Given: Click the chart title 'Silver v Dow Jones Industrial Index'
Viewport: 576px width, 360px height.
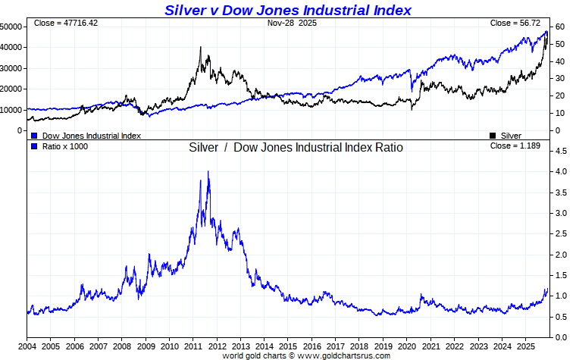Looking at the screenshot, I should (x=287, y=10).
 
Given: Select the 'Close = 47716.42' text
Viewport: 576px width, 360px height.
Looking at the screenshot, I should (x=66, y=23).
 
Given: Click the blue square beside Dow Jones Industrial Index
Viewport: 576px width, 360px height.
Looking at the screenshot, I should (x=34, y=136).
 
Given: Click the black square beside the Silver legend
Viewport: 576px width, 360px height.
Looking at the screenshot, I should (x=493, y=136).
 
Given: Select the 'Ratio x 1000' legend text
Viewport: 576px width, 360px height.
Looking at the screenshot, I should (x=64, y=146).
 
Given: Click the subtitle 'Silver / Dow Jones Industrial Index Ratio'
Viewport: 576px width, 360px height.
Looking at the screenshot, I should (x=296, y=147).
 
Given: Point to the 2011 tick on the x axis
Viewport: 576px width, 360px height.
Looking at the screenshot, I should (x=193, y=345).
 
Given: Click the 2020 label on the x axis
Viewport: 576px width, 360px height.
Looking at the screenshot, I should (x=407, y=345).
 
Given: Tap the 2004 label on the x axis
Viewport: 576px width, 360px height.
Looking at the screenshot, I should (x=27, y=345).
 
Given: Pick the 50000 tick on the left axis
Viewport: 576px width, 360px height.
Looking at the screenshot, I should (x=11, y=27).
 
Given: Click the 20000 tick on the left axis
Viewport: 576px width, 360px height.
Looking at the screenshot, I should (x=11, y=89).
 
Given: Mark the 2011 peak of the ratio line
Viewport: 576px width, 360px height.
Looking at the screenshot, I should (x=208, y=172).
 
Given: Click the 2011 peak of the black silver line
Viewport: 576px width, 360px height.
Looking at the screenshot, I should (x=201, y=48).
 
